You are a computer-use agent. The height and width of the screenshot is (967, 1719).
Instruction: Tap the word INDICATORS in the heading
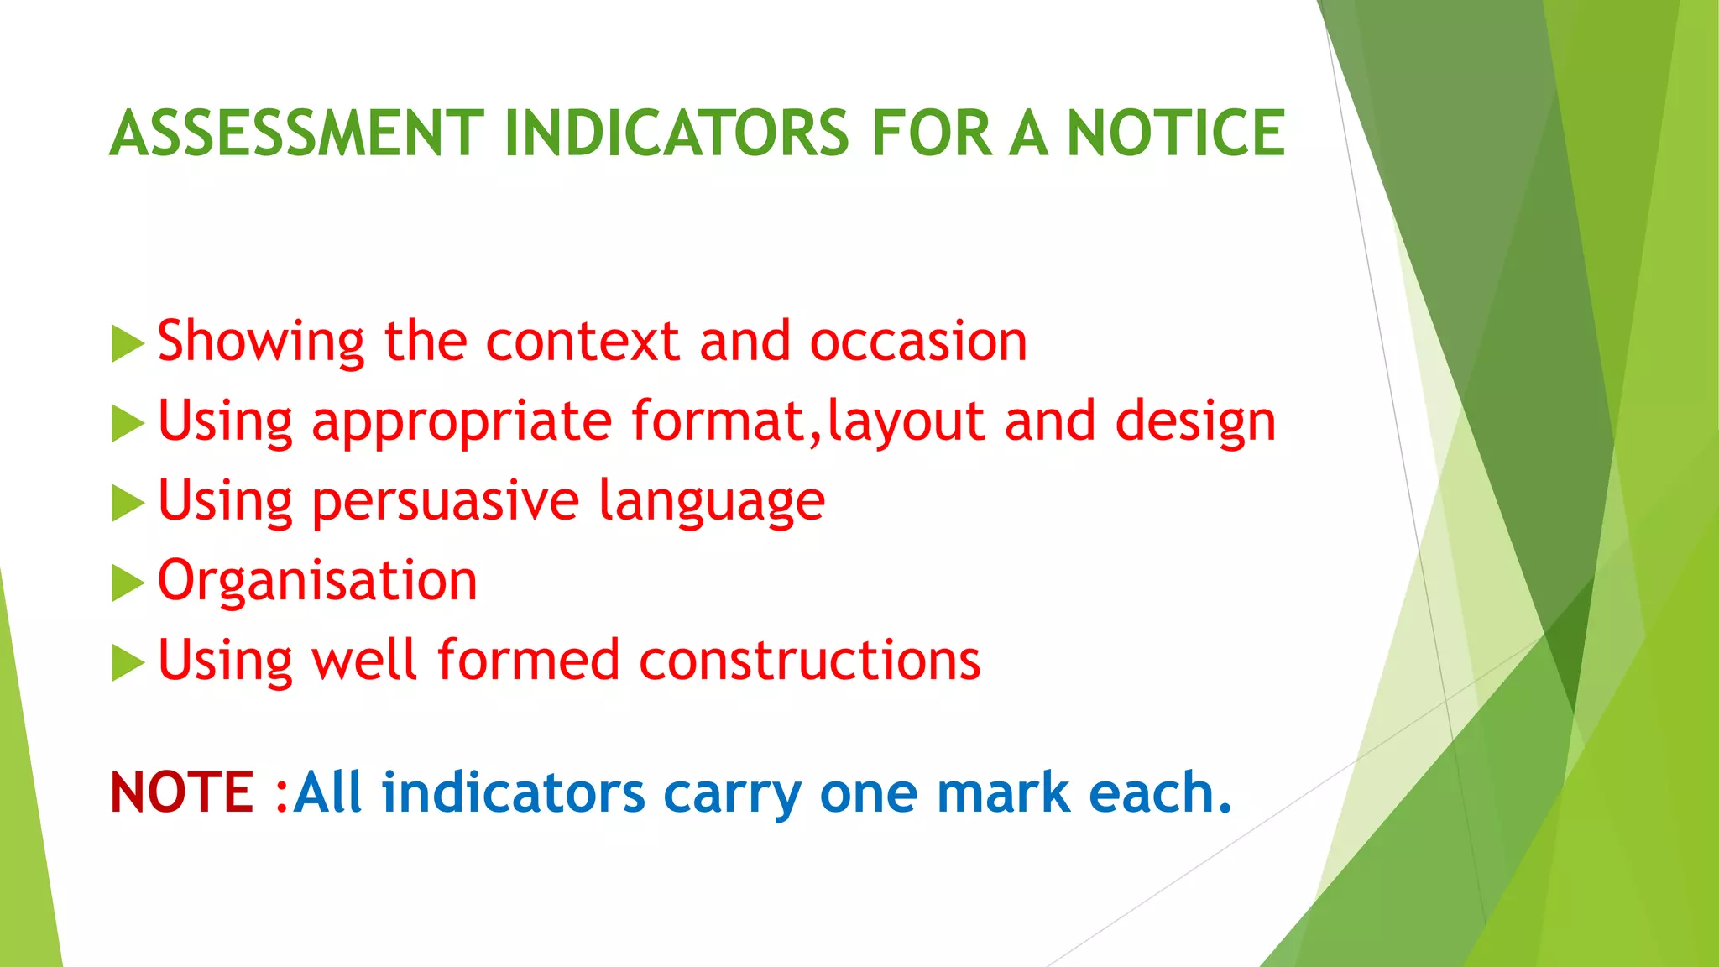pos(677,133)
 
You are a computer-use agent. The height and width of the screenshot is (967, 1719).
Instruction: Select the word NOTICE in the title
pos(1175,133)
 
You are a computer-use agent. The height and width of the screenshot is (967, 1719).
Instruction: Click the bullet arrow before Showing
pos(128,344)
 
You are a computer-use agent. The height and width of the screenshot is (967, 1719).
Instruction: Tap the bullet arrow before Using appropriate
pos(128,424)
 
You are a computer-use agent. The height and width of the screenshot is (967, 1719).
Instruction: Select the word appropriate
pos(462,424)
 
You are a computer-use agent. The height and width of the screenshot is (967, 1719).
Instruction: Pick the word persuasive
pos(445,502)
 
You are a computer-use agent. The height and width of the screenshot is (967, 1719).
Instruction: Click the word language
pos(712,502)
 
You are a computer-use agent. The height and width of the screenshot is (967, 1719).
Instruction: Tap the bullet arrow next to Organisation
pos(128,583)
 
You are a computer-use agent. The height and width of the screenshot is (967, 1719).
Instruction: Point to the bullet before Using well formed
pos(128,663)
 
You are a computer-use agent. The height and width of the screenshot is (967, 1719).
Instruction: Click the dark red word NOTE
pos(181,792)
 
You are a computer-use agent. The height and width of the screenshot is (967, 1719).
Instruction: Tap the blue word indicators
pos(513,792)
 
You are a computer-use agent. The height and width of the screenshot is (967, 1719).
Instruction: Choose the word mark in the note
pos(1003,792)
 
